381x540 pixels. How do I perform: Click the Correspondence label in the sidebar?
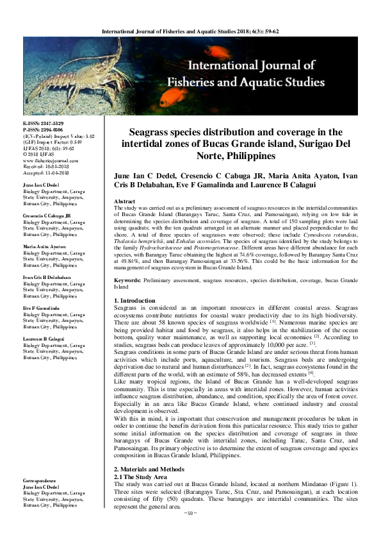[41, 480]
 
